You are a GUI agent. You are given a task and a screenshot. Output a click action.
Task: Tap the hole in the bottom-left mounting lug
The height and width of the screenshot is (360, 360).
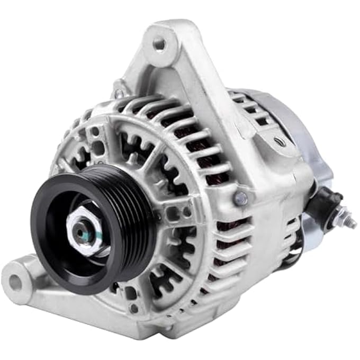point(16,282)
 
